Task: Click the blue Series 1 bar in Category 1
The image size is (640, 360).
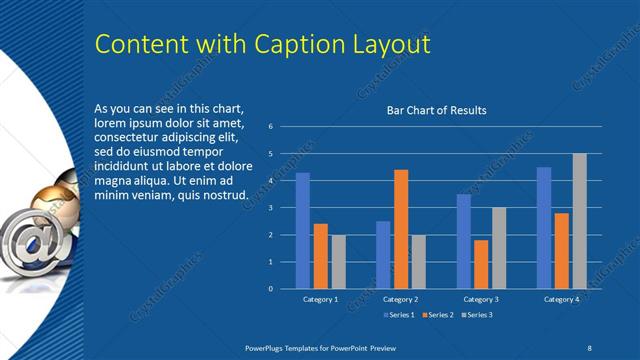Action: (302, 231)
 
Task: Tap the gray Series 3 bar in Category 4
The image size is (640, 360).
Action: (579, 221)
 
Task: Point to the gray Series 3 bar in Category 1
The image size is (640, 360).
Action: (338, 262)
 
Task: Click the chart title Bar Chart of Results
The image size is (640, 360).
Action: (436, 110)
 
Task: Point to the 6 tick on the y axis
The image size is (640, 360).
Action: (270, 127)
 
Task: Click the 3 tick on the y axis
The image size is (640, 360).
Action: (270, 208)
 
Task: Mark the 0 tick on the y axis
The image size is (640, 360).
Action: (270, 289)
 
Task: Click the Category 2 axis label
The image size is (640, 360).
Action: (400, 299)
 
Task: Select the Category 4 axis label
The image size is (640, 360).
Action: (561, 299)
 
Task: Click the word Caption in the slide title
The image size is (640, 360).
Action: (284, 45)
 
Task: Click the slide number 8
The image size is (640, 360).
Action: (589, 346)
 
